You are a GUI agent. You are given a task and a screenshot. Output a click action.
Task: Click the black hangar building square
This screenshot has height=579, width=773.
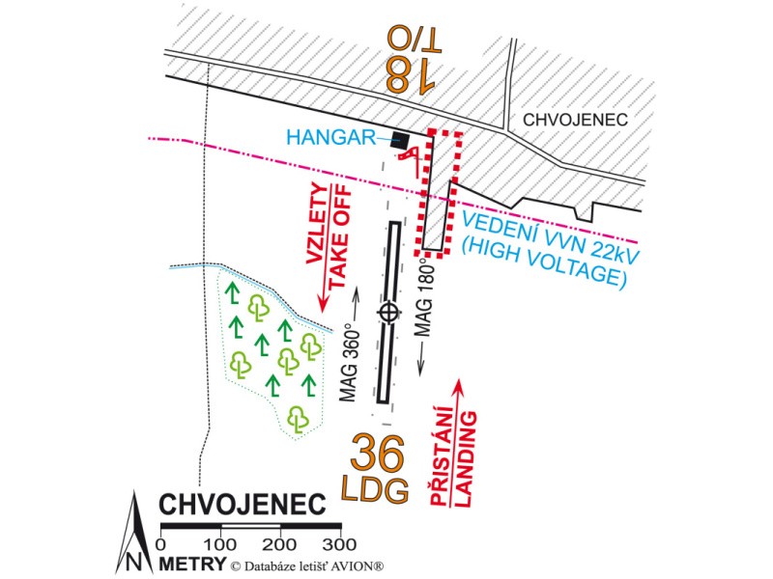pyautogui.click(x=401, y=140)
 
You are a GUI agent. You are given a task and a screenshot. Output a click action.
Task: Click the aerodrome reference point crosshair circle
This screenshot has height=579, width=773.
pyautogui.click(x=388, y=311)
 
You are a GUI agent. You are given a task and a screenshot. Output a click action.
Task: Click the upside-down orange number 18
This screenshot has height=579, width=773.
pyautogui.click(x=410, y=74)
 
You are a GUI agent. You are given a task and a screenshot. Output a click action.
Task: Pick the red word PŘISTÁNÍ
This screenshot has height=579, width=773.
pyautogui.click(x=444, y=456)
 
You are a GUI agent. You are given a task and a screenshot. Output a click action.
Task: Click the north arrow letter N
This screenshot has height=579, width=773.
pyautogui.click(x=133, y=561)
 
